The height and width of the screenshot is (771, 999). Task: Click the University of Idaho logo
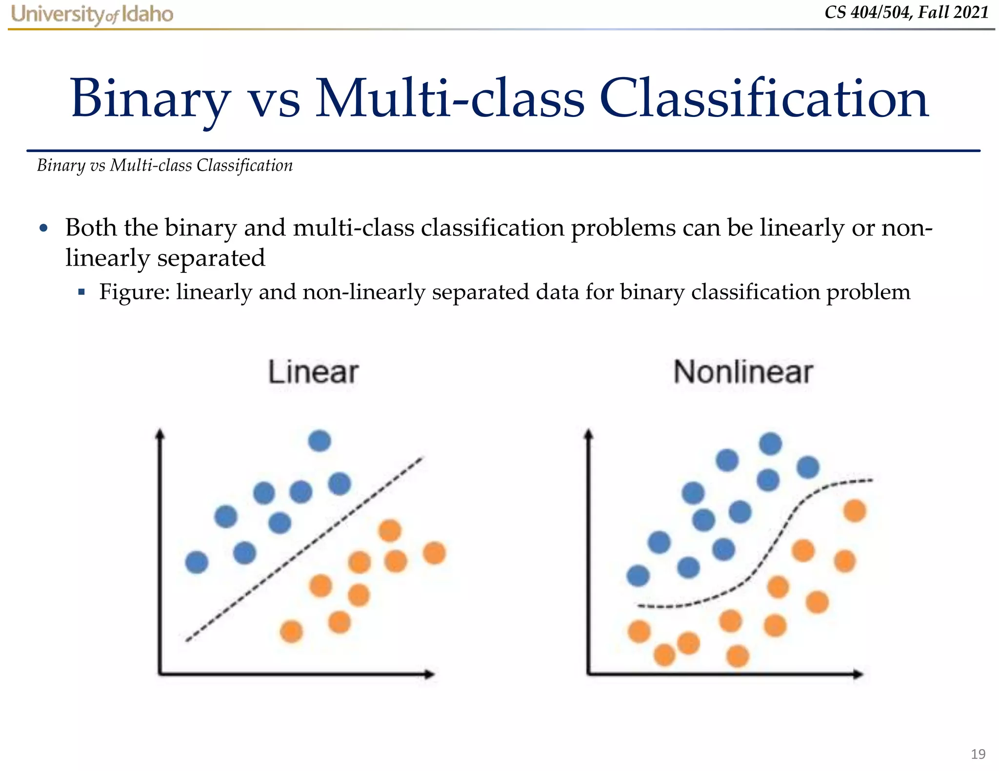(x=92, y=15)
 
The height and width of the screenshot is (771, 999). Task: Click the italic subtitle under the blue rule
(x=165, y=166)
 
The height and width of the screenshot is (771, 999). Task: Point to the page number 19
(x=978, y=754)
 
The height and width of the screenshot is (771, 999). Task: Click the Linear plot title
(x=313, y=372)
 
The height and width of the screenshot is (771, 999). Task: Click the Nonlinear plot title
(x=742, y=372)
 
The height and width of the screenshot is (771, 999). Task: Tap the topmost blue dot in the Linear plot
(x=320, y=441)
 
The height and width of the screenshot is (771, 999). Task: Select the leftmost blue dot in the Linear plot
(x=197, y=562)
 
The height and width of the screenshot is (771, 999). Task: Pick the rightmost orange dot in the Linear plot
(x=434, y=553)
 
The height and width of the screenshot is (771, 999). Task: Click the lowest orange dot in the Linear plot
(x=291, y=632)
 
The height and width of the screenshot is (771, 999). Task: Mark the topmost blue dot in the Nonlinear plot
(x=770, y=443)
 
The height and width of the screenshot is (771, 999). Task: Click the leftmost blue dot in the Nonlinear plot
(x=638, y=576)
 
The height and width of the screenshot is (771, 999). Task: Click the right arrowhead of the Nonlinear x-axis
(x=859, y=675)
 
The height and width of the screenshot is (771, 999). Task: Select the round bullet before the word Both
(x=44, y=228)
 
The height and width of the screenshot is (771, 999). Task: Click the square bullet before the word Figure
(x=81, y=292)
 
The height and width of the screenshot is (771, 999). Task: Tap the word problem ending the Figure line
(x=868, y=292)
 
